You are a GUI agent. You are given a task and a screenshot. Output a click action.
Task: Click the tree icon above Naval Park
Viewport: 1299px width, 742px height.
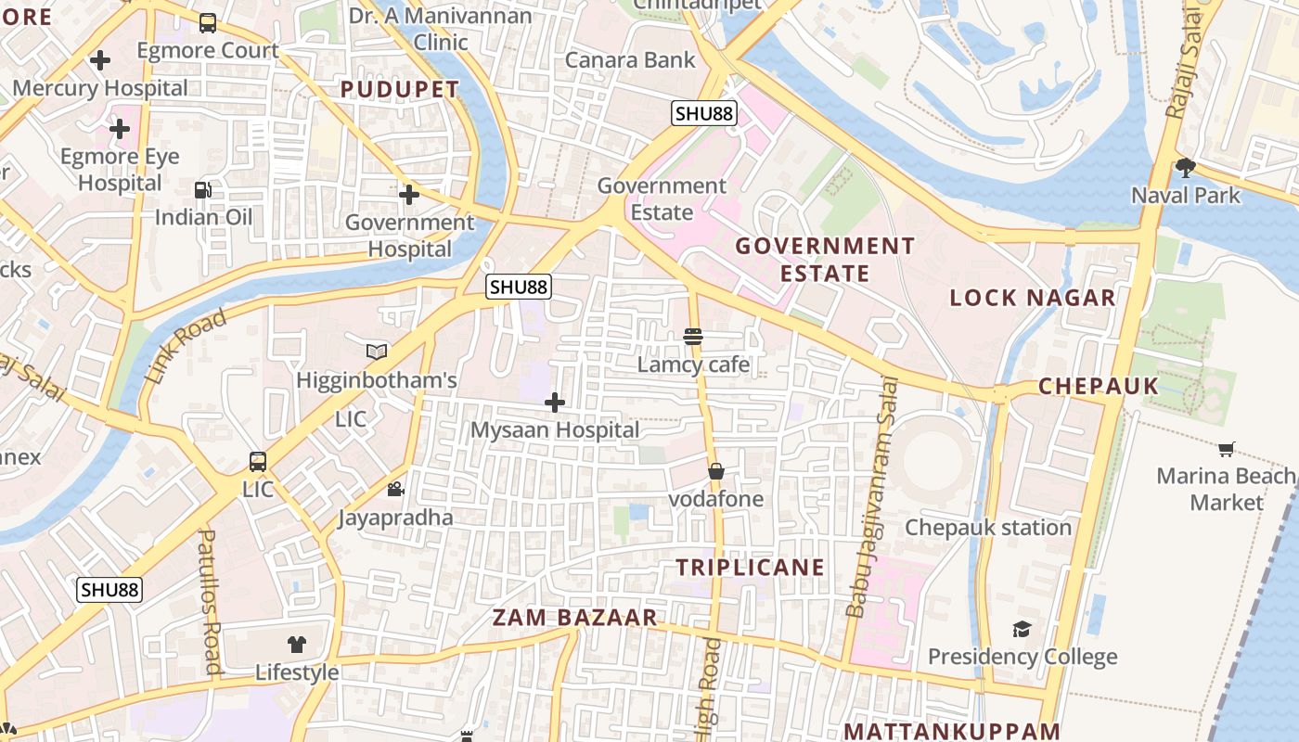pyautogui.click(x=1185, y=168)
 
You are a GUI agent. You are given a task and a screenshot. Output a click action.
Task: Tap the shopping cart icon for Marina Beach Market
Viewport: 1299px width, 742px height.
pyautogui.click(x=1226, y=450)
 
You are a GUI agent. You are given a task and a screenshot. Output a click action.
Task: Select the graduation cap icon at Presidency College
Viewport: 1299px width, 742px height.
pyautogui.click(x=1022, y=629)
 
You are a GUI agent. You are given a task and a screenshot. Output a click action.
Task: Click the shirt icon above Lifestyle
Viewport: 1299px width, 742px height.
pyautogui.click(x=297, y=645)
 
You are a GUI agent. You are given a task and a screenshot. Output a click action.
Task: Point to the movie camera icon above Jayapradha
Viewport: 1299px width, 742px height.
pyautogui.click(x=395, y=490)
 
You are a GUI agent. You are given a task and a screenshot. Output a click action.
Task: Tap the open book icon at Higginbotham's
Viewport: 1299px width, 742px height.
pyautogui.click(x=376, y=352)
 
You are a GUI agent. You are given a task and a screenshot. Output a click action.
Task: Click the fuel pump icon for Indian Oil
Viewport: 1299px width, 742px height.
pyautogui.click(x=202, y=190)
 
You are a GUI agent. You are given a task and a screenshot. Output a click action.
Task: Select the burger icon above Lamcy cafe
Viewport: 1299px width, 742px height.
pyautogui.click(x=693, y=337)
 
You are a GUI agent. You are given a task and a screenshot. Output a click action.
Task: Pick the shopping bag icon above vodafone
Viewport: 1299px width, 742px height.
pyautogui.click(x=715, y=471)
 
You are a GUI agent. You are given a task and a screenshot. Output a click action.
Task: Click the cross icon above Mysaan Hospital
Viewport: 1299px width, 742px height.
pyautogui.click(x=554, y=403)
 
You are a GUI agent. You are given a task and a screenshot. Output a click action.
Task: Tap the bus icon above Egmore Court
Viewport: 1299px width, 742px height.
pyautogui.click(x=208, y=23)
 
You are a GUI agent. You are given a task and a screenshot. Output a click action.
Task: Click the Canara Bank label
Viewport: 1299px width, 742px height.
pyautogui.click(x=630, y=60)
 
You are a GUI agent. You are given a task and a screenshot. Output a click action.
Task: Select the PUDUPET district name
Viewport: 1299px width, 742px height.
pyautogui.click(x=399, y=90)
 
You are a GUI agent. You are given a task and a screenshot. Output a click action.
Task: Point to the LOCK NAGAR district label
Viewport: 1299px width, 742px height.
pyautogui.click(x=1033, y=298)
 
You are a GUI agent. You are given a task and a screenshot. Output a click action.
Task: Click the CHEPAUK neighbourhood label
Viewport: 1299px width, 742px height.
pyautogui.click(x=1099, y=386)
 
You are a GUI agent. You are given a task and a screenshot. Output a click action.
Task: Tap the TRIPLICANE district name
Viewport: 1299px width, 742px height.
pyautogui.click(x=750, y=568)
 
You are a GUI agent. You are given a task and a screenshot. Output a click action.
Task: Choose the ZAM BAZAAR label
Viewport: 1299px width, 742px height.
pyautogui.click(x=574, y=618)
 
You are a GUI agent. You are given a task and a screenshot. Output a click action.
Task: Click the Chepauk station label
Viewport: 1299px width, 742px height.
pyautogui.click(x=988, y=528)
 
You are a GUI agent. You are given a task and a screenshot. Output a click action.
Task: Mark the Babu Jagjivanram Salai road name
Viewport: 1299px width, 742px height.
pyautogui.click(x=873, y=496)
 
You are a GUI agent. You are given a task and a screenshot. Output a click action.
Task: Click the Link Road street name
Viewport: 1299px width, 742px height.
pyautogui.click(x=186, y=347)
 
